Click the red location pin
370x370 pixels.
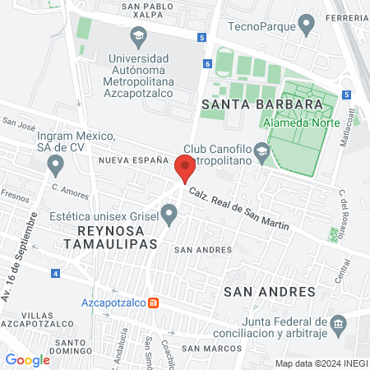(186, 168)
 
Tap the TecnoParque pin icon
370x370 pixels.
(308, 26)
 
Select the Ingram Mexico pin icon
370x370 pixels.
(56, 166)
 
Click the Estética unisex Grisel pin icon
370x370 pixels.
(170, 215)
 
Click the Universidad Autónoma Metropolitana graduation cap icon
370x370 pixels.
(138, 36)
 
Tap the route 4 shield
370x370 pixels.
(54, 272)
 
